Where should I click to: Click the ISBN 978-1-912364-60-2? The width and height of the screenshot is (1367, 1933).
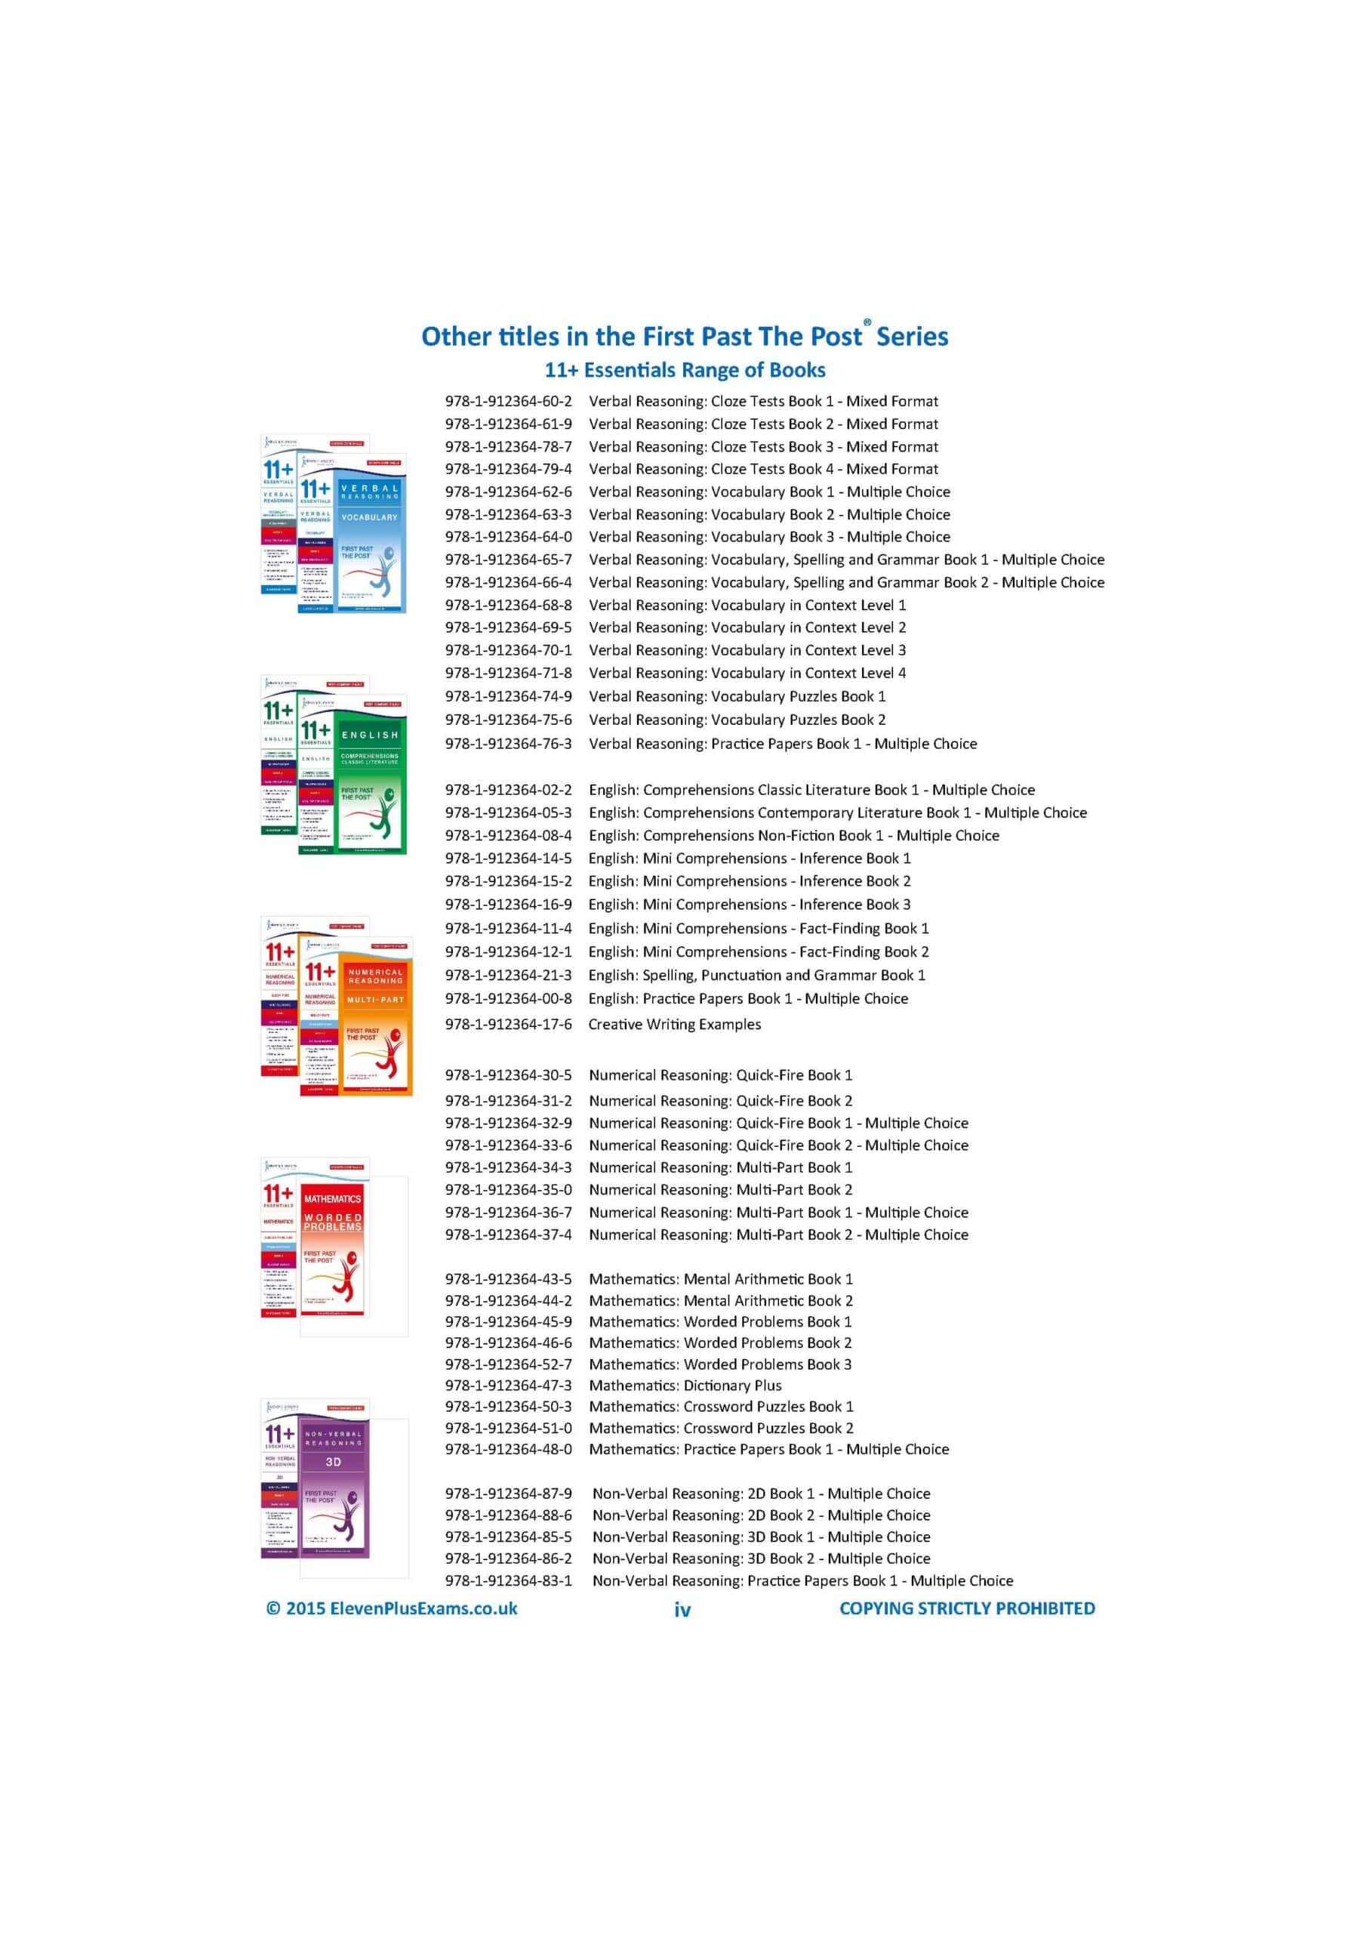[x=509, y=402]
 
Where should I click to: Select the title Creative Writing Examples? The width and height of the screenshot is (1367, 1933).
[x=674, y=1025]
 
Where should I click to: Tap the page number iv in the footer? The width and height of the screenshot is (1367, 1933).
[x=682, y=1610]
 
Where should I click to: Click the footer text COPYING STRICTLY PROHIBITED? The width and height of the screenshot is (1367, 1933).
[x=967, y=1608]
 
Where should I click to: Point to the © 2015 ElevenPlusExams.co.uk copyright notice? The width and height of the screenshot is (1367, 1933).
[x=392, y=1608]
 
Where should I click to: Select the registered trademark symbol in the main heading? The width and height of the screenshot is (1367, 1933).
[x=867, y=322]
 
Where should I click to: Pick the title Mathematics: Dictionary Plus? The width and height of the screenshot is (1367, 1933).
[x=685, y=1385]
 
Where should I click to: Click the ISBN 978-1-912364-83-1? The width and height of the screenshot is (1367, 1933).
[x=509, y=1580]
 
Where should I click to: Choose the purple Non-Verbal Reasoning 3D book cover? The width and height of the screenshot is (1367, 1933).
[x=334, y=1491]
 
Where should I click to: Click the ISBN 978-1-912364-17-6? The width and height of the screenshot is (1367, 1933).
[x=509, y=1025]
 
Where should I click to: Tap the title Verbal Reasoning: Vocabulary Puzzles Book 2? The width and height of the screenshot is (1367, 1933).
[x=737, y=720]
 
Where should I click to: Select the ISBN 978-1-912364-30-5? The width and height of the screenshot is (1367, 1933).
[x=509, y=1075]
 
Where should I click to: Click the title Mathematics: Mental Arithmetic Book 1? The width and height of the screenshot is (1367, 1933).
[x=721, y=1279]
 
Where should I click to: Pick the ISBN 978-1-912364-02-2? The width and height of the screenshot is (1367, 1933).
[x=509, y=790]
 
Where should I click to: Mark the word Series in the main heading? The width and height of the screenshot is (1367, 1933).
[x=913, y=337]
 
